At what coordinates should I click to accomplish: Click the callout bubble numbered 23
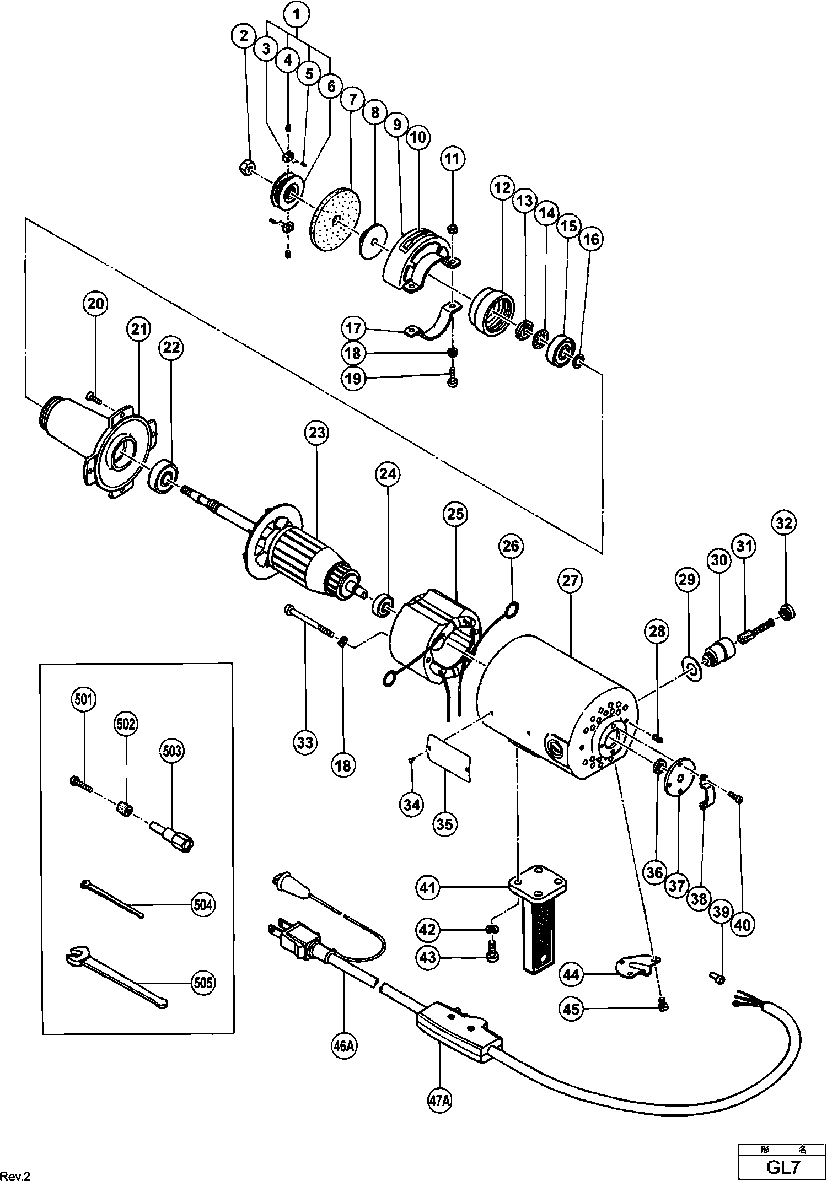click(317, 433)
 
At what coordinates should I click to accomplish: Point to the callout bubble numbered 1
click(297, 15)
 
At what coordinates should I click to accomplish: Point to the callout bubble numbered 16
click(590, 239)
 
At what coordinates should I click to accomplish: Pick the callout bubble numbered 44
click(571, 975)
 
